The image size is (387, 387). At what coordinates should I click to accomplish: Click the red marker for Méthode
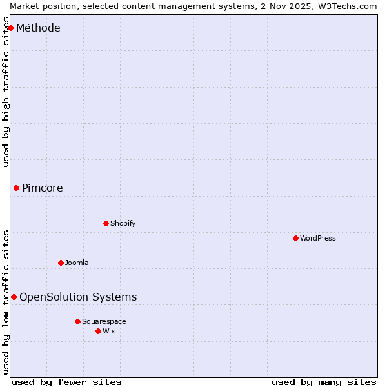click(10, 28)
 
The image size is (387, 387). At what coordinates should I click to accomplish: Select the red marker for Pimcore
click(17, 188)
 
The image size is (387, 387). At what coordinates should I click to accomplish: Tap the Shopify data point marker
click(106, 223)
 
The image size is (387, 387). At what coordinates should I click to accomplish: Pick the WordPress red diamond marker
click(296, 238)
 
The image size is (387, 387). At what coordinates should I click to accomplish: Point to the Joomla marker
click(61, 263)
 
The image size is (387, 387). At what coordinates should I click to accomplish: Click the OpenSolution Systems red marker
click(14, 297)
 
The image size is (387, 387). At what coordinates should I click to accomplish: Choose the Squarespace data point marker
click(78, 321)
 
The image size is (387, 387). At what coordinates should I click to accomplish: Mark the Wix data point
click(99, 331)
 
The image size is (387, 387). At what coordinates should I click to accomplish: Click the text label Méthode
click(38, 28)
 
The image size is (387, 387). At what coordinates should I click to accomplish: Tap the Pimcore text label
click(43, 188)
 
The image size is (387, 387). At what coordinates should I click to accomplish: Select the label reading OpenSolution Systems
click(78, 297)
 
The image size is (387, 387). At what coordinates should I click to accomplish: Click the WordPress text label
click(318, 238)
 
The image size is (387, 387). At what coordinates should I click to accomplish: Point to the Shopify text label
click(123, 223)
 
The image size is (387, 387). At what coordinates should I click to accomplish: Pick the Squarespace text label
click(104, 321)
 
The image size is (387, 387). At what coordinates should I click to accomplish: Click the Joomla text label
click(77, 263)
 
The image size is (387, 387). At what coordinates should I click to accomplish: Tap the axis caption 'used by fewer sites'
click(66, 382)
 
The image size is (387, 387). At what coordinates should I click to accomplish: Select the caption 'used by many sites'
click(324, 382)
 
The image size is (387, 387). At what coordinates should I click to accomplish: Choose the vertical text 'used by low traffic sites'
click(6, 301)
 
